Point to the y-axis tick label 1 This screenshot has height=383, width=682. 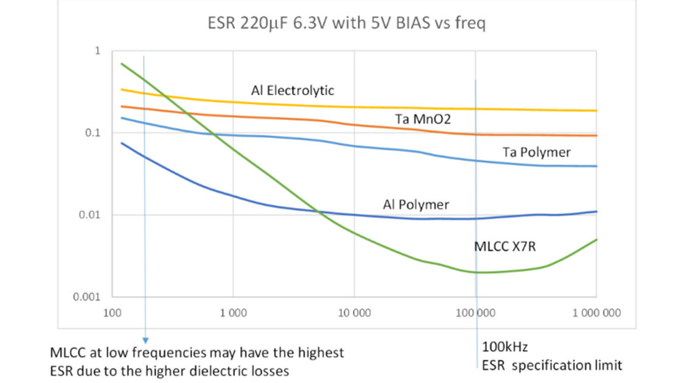coord(97,51)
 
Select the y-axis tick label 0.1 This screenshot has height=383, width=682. coord(94,133)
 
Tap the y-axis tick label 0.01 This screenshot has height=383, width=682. coord(91,215)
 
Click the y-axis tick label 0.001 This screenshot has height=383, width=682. coord(88,297)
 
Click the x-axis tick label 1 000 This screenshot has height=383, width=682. coord(233,313)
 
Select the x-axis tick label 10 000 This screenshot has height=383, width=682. coord(354,313)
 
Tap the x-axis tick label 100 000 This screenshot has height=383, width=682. coord(475,313)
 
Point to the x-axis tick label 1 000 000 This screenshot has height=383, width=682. coord(596,313)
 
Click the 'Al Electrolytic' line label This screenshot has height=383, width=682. coord(293,90)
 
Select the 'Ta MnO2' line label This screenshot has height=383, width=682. coord(423,119)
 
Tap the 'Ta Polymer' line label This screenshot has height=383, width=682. coord(537,153)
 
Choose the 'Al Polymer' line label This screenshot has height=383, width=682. coord(416,204)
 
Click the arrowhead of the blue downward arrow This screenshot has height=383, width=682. coord(144,340)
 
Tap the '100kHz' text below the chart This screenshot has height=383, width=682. coord(505,348)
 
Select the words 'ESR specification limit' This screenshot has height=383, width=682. coord(552,365)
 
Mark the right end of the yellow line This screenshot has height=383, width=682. coord(596,111)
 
